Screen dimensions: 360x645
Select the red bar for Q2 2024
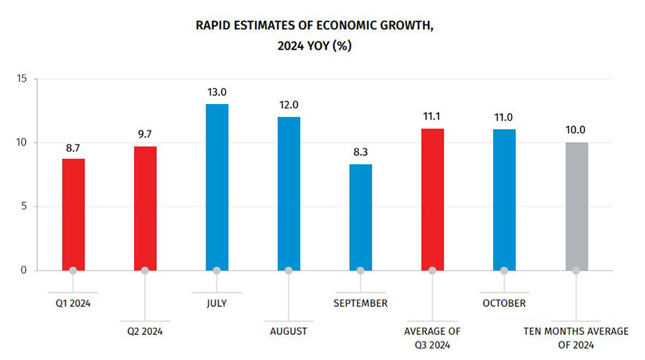145,208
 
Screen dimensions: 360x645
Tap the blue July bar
216,186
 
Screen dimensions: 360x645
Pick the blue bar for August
289,193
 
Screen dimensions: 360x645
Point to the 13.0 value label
216,92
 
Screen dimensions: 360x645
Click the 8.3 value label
360,152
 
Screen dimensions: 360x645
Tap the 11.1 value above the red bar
432,116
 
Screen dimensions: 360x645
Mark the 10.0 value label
576,130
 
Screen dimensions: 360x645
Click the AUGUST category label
289,331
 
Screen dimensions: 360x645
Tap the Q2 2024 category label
145,331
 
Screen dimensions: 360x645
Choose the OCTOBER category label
504,303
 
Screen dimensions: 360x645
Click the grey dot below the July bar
216,270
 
